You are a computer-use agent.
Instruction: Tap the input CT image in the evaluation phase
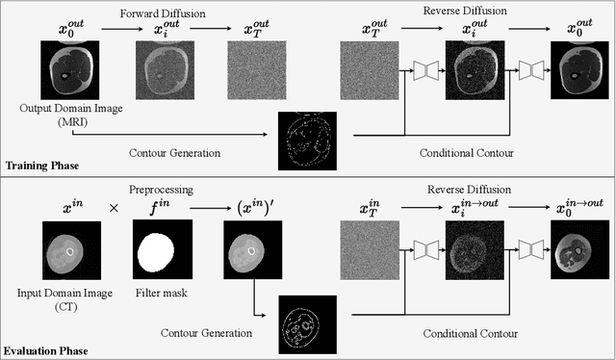[72, 253]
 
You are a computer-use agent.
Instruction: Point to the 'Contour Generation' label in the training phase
[175, 152]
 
